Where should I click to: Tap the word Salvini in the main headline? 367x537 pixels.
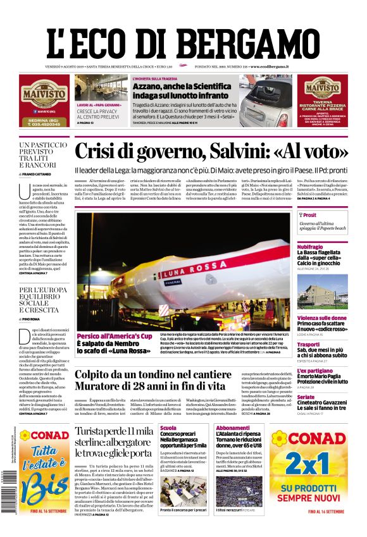pos(249,152)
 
